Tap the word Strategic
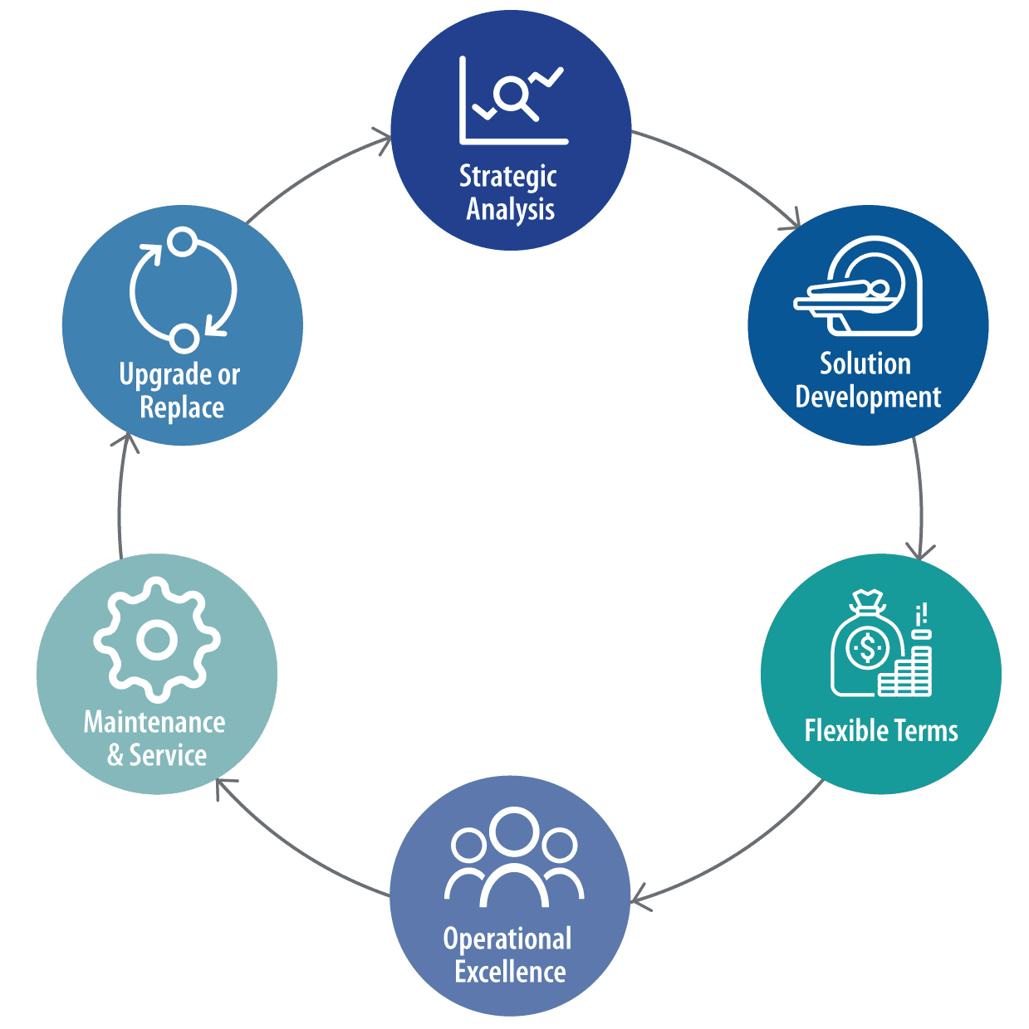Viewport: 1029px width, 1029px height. [507, 177]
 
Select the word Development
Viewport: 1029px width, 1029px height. [868, 397]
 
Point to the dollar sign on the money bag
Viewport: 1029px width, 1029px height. [868, 647]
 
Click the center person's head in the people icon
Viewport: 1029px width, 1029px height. [514, 831]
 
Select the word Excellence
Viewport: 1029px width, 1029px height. [510, 972]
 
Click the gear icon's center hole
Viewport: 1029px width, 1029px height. [156, 640]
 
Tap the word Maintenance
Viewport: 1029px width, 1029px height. [154, 722]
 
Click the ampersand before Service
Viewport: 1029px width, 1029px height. [115, 755]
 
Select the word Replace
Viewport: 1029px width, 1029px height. [182, 407]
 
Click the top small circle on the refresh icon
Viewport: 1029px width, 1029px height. [181, 242]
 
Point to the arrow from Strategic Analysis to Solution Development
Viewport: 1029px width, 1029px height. [722, 169]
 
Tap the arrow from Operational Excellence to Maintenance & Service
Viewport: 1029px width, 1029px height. [299, 851]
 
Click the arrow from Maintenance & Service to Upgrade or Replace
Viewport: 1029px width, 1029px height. [120, 498]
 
